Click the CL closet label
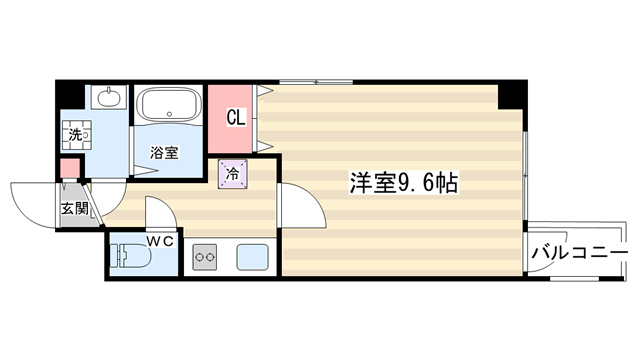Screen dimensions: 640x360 pyautogui.click(x=236, y=118)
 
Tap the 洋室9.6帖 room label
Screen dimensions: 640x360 pyautogui.click(x=403, y=183)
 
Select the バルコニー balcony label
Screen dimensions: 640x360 pyautogui.click(x=579, y=253)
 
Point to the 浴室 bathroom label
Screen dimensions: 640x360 pyautogui.click(x=164, y=153)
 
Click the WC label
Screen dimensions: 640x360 pyautogui.click(x=160, y=242)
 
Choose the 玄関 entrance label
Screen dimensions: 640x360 pyautogui.click(x=75, y=209)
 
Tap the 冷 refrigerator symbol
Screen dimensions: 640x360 pyautogui.click(x=233, y=174)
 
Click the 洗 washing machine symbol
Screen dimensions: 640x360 pyautogui.click(x=75, y=135)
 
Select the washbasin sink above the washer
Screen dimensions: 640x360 pyautogui.click(x=109, y=98)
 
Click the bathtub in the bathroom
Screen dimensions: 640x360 pyautogui.click(x=169, y=104)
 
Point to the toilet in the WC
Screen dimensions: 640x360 pyautogui.click(x=131, y=257)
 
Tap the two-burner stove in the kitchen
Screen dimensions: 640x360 pyautogui.click(x=204, y=257)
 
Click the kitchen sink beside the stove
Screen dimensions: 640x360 pyautogui.click(x=252, y=257)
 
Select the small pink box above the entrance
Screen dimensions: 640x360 pyautogui.click(x=70, y=169)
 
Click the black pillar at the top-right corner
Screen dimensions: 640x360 pyautogui.click(x=513, y=94)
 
